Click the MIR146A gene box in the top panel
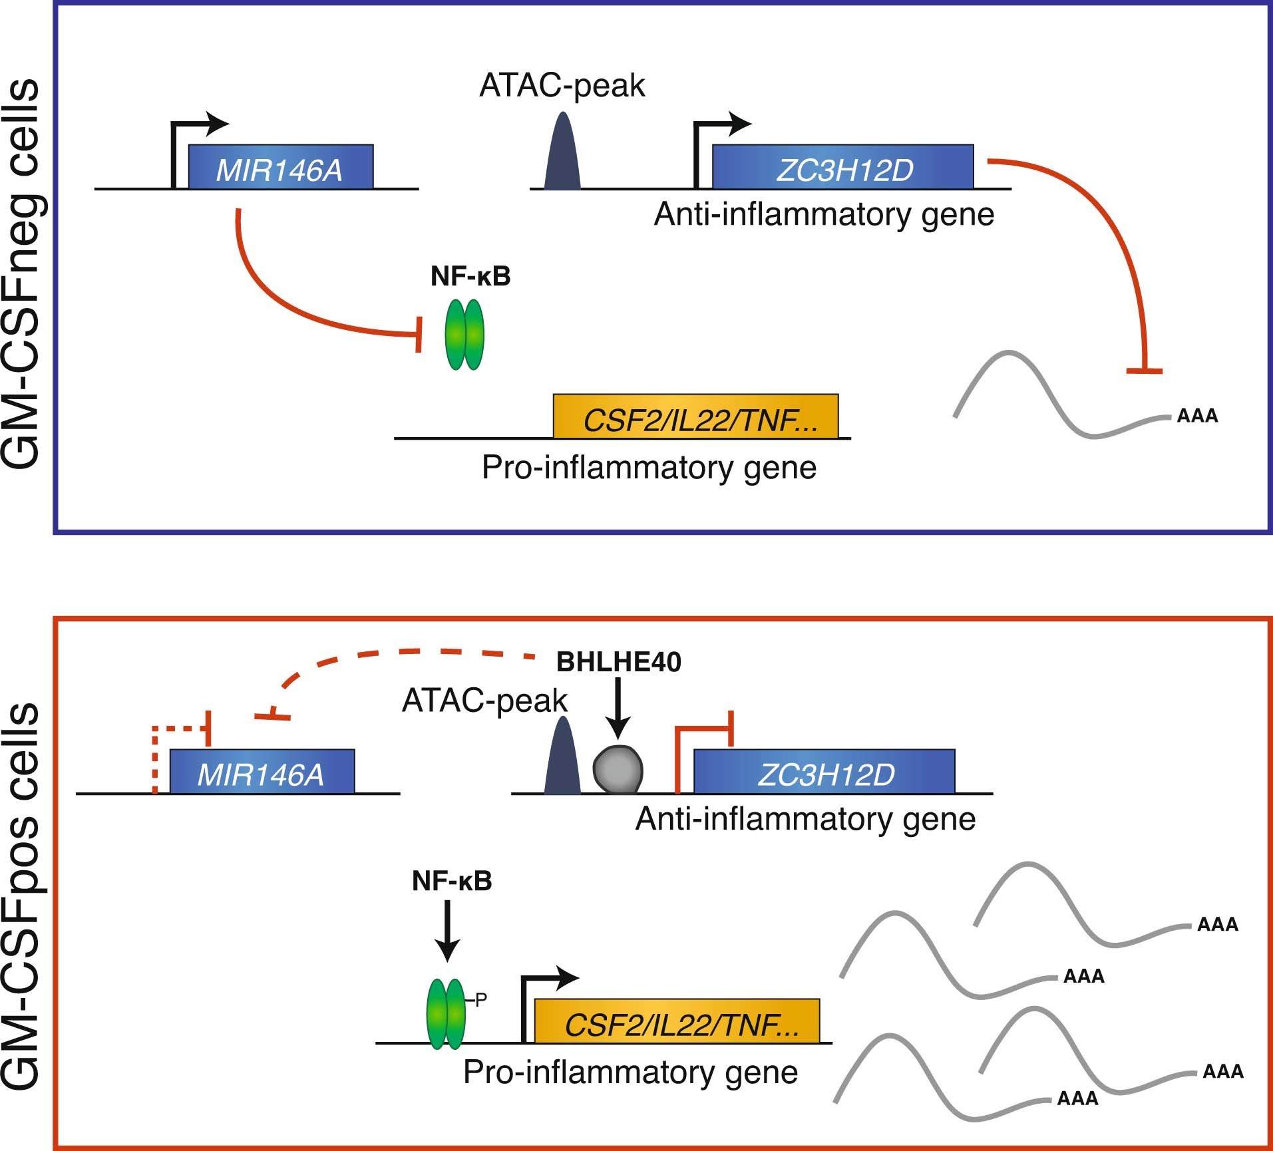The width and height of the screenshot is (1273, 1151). [x=280, y=167]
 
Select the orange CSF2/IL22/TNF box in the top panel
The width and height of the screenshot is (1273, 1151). [x=695, y=417]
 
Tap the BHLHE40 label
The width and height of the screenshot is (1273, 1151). [x=618, y=663]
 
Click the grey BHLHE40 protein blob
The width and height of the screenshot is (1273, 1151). [x=618, y=769]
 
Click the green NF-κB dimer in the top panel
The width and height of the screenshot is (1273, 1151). [x=464, y=335]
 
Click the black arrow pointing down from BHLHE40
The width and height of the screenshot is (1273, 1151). [x=618, y=709]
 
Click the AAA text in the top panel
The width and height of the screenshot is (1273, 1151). [x=1197, y=416]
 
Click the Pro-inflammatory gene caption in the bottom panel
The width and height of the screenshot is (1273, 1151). [x=630, y=1072]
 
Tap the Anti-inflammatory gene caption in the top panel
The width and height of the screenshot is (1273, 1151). [x=824, y=214]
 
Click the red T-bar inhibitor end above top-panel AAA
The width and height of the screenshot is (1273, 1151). [x=1144, y=370]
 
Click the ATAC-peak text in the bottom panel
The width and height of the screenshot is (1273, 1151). [x=484, y=701]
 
